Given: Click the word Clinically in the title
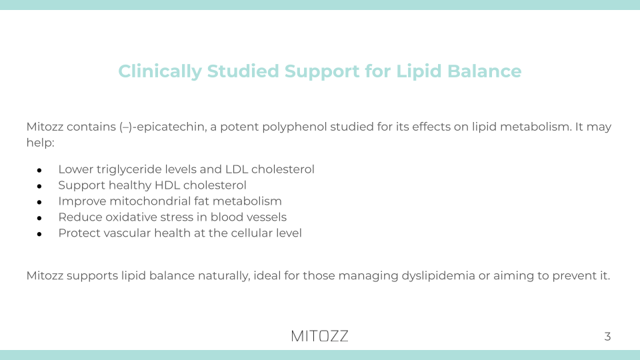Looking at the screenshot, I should coord(159,71).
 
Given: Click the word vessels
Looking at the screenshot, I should coord(265,217).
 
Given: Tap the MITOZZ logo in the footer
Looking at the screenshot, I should coord(319,336).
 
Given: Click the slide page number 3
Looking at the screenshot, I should coord(607,337).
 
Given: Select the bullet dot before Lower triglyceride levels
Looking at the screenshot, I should coord(40,170).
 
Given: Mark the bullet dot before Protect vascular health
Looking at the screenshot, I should coord(40,234).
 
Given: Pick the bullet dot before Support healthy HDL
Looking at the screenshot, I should coord(40,186).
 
